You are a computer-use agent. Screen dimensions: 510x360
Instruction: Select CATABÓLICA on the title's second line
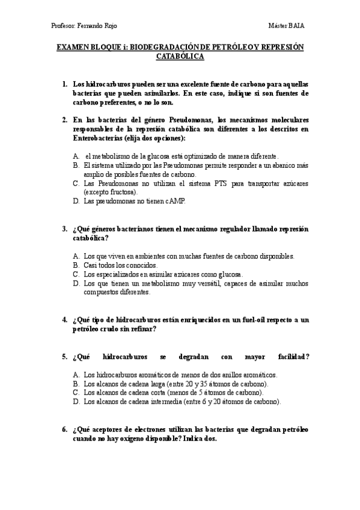(x=180, y=57)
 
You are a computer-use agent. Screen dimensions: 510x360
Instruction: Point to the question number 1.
(x=65, y=84)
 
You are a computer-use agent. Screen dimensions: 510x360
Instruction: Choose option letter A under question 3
(x=76, y=256)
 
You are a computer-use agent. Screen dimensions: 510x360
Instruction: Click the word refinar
(x=143, y=329)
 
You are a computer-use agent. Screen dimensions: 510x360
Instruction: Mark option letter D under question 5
(x=76, y=401)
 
